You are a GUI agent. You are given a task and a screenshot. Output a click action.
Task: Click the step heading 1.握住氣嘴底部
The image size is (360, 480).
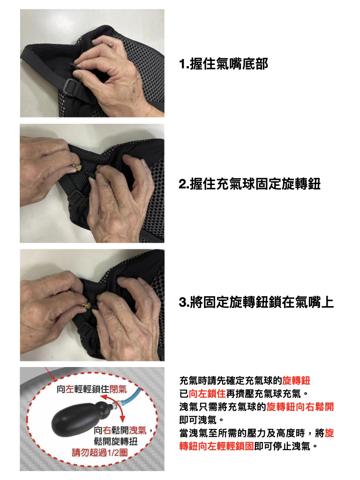224,64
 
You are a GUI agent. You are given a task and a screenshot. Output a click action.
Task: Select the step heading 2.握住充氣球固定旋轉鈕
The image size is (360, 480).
249,184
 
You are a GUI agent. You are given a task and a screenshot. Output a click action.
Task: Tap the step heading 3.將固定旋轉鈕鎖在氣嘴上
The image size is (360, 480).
256,302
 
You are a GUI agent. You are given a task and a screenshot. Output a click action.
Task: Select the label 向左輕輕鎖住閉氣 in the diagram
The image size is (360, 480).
91,389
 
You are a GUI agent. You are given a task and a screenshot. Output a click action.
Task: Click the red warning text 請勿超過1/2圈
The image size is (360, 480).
100,452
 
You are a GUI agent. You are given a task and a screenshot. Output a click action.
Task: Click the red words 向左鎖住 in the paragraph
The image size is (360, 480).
207,394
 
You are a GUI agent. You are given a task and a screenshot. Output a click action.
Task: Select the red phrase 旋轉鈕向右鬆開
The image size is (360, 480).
300,407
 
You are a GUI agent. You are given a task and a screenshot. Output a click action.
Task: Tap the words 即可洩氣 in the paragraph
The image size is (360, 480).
198,420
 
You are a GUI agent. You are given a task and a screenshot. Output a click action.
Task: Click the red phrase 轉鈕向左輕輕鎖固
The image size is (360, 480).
217,446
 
